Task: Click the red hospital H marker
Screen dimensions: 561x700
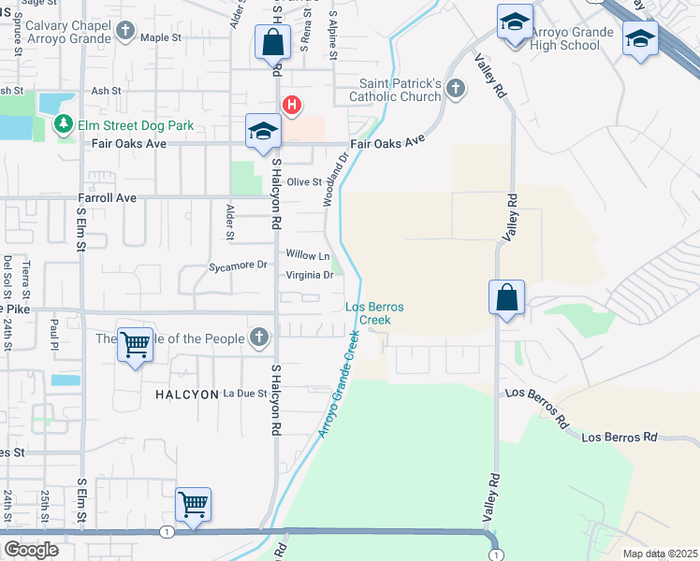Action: pos(291,105)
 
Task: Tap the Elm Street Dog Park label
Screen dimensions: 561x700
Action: pos(136,124)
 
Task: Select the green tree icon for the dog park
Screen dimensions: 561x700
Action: pos(64,123)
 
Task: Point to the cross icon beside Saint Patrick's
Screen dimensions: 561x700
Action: pos(456,90)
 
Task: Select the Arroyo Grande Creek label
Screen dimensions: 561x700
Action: pos(338,384)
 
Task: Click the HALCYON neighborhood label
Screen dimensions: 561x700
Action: pos(186,395)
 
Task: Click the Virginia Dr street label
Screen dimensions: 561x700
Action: pos(309,276)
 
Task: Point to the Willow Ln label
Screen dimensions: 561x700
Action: pos(308,255)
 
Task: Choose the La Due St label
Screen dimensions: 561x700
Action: pos(245,395)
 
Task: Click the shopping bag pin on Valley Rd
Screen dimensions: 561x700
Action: pos(506,298)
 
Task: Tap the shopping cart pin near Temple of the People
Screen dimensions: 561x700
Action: pos(135,346)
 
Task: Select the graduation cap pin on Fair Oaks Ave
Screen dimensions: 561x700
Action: pos(263,132)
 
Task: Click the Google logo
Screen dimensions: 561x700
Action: pos(31,550)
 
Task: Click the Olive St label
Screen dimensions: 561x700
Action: pos(304,182)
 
